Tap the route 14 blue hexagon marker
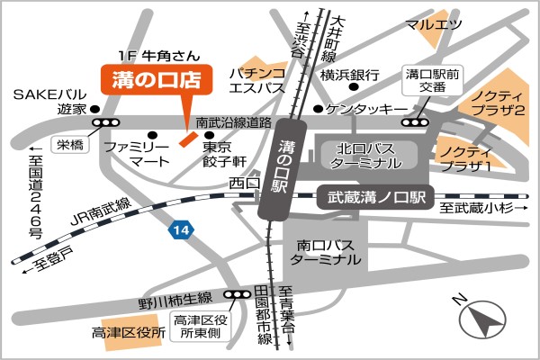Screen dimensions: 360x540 tap(183, 231)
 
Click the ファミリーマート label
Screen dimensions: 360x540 tap(135, 153)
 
